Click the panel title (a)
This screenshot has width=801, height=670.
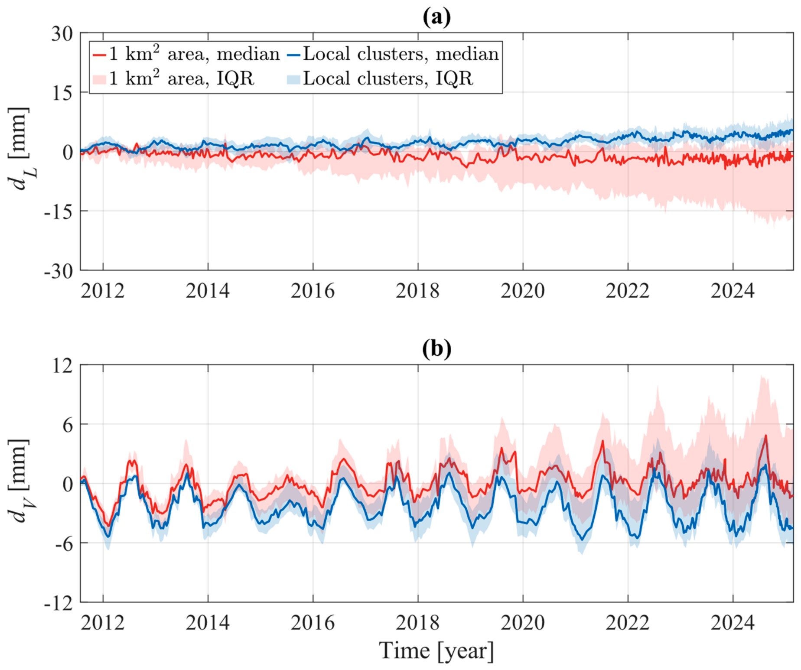point(436,17)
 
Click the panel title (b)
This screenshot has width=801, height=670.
point(436,349)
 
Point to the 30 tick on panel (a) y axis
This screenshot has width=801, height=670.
point(62,33)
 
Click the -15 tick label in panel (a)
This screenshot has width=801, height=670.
point(59,211)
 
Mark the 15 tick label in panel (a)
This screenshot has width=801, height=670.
point(62,93)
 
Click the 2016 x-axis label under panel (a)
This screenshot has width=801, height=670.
point(313,291)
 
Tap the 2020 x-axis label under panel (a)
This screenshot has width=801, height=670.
point(523,291)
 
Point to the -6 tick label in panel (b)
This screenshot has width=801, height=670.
point(64,543)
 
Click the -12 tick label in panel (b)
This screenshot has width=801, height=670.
point(59,603)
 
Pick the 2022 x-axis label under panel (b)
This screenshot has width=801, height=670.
point(628,623)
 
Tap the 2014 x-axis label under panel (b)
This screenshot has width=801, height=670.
point(208,623)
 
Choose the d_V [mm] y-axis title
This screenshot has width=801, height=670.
point(20,481)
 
